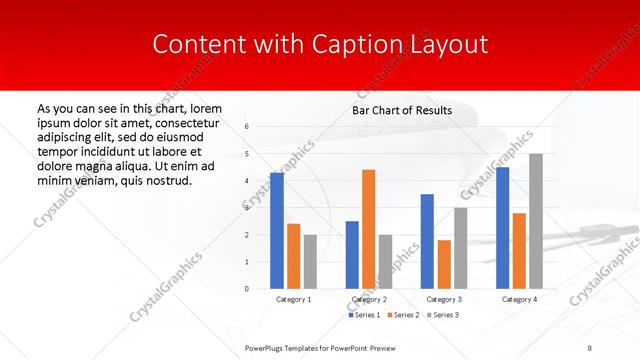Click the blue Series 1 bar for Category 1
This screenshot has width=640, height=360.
pos(277,231)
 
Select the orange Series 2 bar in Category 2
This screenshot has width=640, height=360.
pos(368,229)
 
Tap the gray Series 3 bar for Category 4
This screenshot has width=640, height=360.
pos(536,221)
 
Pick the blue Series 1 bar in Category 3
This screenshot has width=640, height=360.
pos(427,241)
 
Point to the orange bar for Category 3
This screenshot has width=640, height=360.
pos(444,264)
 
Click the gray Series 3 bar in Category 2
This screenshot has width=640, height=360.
pos(386,261)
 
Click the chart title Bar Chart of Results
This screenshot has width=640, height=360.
pos(402,110)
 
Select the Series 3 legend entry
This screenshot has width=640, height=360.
pos(443,315)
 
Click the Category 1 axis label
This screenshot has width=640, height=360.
pos(294,299)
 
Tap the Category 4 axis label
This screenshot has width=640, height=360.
pos(519,299)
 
